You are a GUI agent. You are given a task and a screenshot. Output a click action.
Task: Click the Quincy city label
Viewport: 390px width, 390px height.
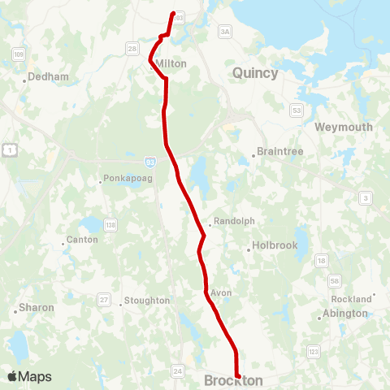click(255, 73)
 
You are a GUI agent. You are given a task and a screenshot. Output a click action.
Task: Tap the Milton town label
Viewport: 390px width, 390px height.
click(171, 63)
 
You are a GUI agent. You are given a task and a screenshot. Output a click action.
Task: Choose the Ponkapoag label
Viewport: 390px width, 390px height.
click(122, 180)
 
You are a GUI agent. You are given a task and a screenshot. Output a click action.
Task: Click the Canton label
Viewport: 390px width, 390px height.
click(82, 240)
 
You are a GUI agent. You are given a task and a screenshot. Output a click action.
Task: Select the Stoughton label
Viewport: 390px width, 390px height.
click(147, 301)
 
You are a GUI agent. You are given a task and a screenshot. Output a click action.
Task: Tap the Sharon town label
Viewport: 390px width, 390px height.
click(37, 308)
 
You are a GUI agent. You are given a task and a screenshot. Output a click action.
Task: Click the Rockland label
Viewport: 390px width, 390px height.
click(351, 299)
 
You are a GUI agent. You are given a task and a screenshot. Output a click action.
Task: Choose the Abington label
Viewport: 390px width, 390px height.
click(344, 314)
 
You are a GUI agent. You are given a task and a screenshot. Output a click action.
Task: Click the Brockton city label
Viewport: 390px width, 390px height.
click(234, 380)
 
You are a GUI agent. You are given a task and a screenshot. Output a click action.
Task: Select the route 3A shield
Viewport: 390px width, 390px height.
click(225, 31)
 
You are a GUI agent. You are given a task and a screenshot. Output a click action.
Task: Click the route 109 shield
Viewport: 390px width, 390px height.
click(17, 54)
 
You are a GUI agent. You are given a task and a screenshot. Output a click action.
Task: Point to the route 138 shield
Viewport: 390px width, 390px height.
click(110, 224)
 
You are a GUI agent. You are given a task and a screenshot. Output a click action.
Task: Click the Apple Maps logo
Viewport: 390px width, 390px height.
click(29, 376)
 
